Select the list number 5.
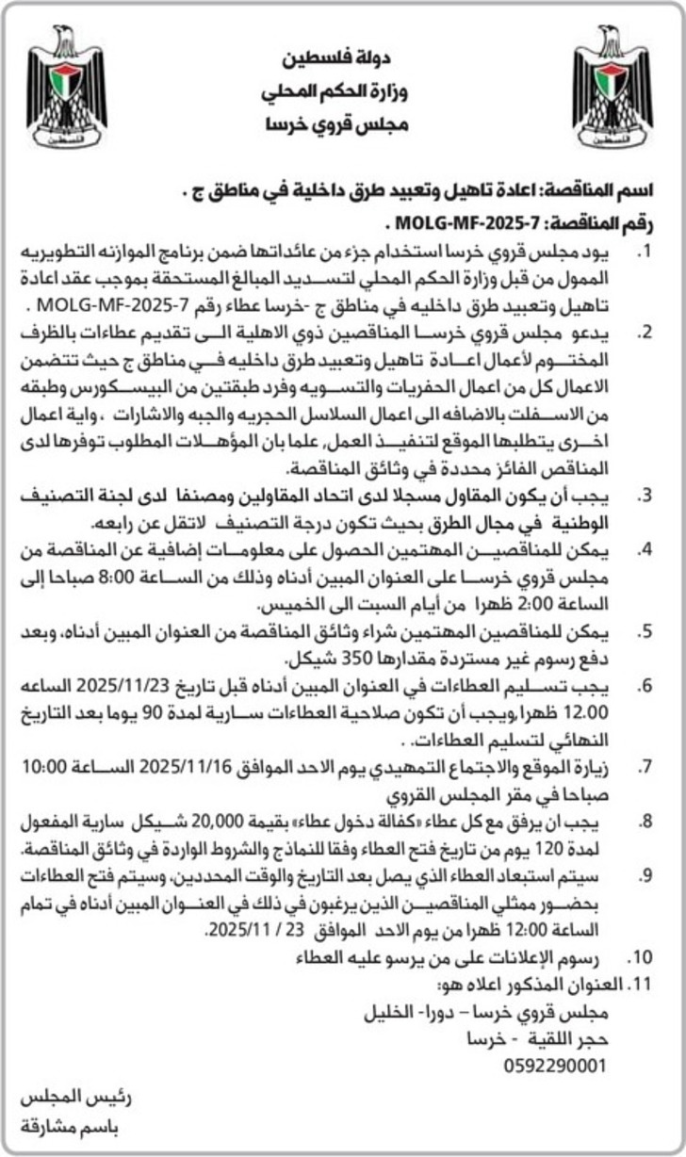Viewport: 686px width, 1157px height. point(645,629)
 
